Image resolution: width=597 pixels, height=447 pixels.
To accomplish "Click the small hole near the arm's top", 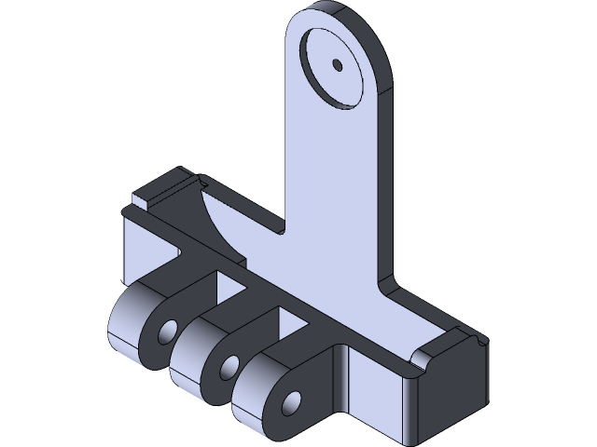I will (x=337, y=65).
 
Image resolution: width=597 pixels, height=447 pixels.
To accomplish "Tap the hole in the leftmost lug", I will (x=168, y=331).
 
